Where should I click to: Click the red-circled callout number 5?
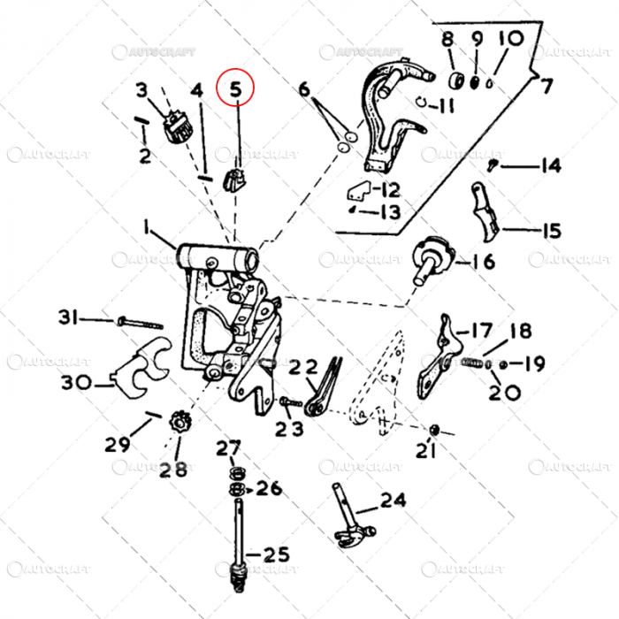[236, 88]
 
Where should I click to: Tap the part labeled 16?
[433, 258]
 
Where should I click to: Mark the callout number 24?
[394, 501]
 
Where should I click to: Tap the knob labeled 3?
[179, 129]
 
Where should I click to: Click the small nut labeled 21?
[434, 429]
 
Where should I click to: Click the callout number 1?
[146, 227]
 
